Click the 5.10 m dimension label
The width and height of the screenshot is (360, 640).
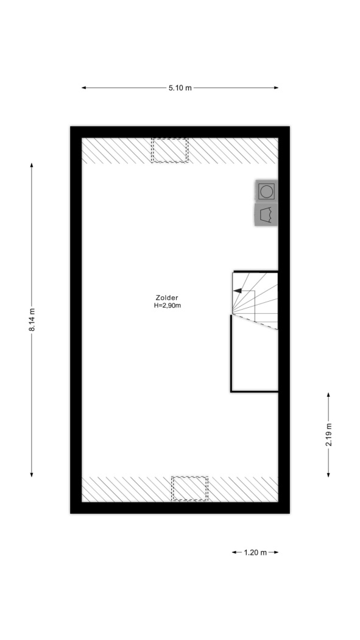(x=180, y=88)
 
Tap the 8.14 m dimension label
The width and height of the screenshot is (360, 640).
(x=32, y=319)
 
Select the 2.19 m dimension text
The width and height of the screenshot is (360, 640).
(x=328, y=435)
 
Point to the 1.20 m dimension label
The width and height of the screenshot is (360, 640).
(x=255, y=553)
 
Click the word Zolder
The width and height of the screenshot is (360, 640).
(x=167, y=297)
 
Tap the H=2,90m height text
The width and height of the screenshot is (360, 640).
(x=167, y=305)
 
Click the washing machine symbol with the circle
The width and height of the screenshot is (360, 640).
(x=266, y=191)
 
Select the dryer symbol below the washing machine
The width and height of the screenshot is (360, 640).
(x=266, y=215)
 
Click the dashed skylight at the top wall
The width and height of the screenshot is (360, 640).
(x=169, y=150)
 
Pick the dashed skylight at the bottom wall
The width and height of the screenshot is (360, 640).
(x=189, y=489)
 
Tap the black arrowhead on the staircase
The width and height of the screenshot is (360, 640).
(x=237, y=291)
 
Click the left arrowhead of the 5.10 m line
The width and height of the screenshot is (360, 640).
(x=84, y=88)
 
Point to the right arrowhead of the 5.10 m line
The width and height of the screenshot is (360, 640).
(x=276, y=88)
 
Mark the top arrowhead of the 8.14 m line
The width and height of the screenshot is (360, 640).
(x=32, y=165)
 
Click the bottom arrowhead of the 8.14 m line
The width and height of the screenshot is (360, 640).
(x=32, y=474)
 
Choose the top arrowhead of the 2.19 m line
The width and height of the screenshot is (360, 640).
(x=328, y=395)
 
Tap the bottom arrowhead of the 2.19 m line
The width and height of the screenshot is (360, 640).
(x=328, y=474)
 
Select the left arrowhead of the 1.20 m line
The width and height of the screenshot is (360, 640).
(x=235, y=552)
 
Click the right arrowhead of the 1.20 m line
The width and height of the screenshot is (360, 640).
(x=276, y=552)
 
